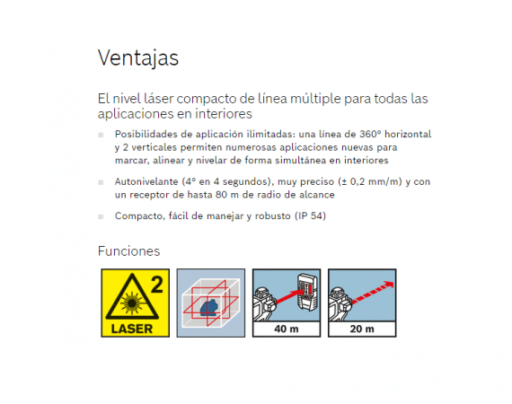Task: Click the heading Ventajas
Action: pyautogui.click(x=138, y=58)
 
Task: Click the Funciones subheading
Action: pyautogui.click(x=129, y=251)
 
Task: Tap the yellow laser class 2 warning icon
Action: pyautogui.click(x=135, y=303)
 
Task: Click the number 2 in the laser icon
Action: pyautogui.click(x=157, y=285)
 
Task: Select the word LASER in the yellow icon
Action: pyautogui.click(x=132, y=329)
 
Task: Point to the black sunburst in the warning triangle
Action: pyautogui.click(x=131, y=303)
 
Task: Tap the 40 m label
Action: pyautogui.click(x=287, y=329)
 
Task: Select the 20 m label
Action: pyautogui.click(x=362, y=329)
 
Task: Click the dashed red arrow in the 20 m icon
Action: pyautogui.click(x=373, y=293)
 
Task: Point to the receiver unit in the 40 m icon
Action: pyautogui.click(x=307, y=292)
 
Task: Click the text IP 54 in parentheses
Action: pyautogui.click(x=310, y=215)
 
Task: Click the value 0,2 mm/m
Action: pyautogui.click(x=374, y=181)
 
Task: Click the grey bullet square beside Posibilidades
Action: pyautogui.click(x=101, y=135)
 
